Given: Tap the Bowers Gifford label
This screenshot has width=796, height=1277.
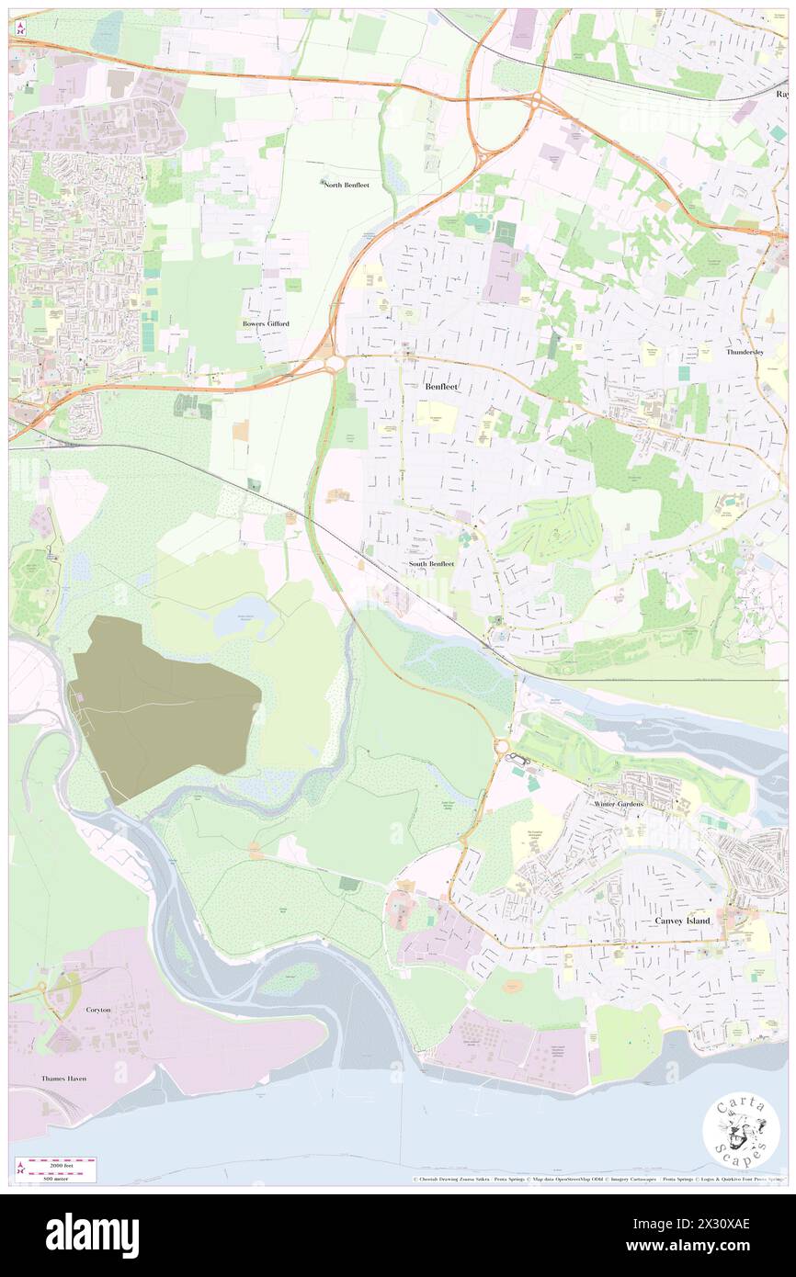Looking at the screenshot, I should [x=266, y=324].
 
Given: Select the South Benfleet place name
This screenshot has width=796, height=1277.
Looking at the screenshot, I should [x=431, y=563].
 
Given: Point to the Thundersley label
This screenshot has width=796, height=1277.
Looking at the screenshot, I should [x=745, y=352].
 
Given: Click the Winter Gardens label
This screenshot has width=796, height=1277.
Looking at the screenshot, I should [x=619, y=804].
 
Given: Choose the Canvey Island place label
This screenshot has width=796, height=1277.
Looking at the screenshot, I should [x=682, y=920].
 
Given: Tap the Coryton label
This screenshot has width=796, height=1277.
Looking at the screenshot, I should [x=98, y=1010].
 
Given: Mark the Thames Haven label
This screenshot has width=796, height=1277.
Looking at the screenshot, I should [x=63, y=1078].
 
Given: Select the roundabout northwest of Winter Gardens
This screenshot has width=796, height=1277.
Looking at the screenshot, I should [x=503, y=746].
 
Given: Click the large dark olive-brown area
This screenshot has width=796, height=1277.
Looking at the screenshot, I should [x=156, y=703].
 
